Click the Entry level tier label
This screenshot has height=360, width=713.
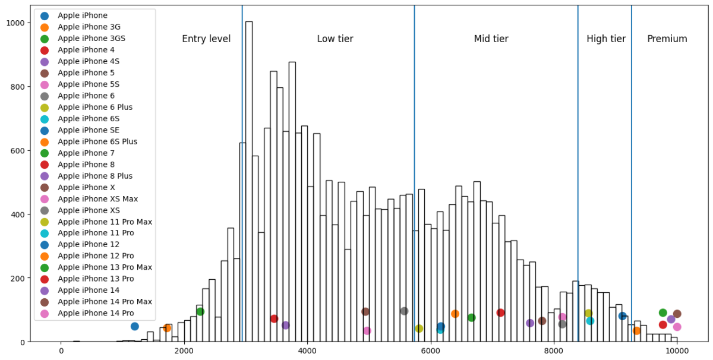pyautogui.click(x=206, y=39)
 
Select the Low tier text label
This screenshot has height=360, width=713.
pyautogui.click(x=335, y=39)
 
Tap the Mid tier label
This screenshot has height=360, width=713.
pyautogui.click(x=491, y=39)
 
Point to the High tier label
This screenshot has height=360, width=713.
pyautogui.click(x=605, y=39)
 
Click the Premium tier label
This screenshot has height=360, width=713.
pyautogui.click(x=667, y=39)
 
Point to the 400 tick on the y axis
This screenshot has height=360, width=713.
pyautogui.click(x=18, y=214)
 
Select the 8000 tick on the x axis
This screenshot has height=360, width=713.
pyautogui.click(x=554, y=352)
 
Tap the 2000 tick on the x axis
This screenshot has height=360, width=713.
pyautogui.click(x=184, y=352)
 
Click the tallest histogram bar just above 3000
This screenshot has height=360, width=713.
pyautogui.click(x=249, y=178)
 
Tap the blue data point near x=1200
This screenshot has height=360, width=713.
pyautogui.click(x=135, y=326)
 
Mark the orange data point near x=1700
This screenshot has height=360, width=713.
pyautogui.click(x=167, y=328)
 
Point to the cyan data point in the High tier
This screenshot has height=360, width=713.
pyautogui.click(x=590, y=321)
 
